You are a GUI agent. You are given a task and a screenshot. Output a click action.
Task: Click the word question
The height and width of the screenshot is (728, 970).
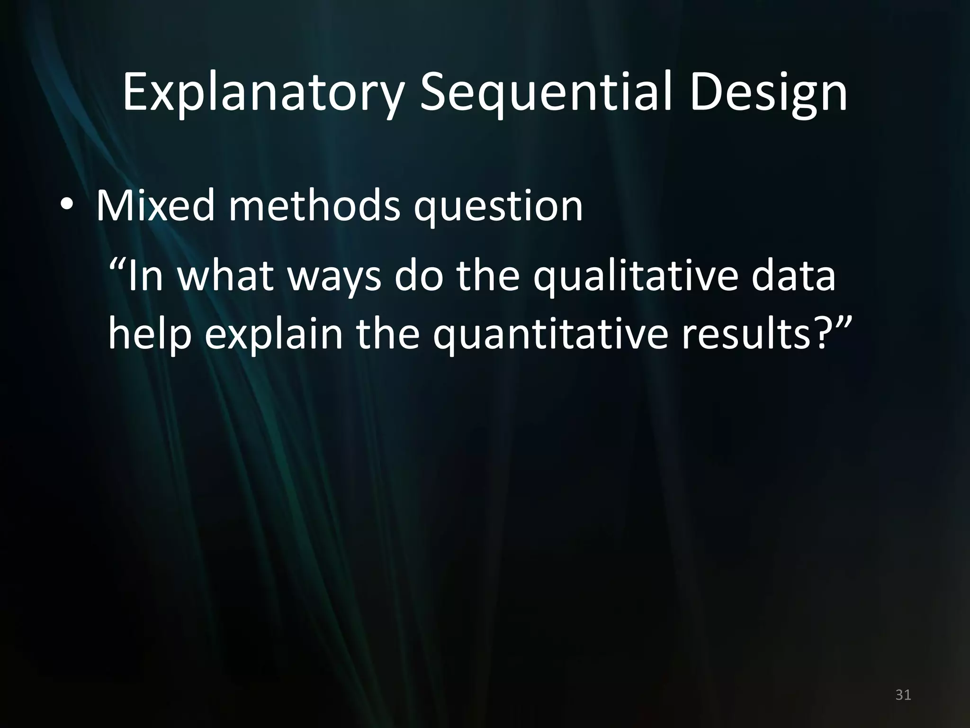click(498, 207)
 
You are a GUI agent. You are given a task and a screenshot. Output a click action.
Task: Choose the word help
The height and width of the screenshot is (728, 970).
click(150, 335)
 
